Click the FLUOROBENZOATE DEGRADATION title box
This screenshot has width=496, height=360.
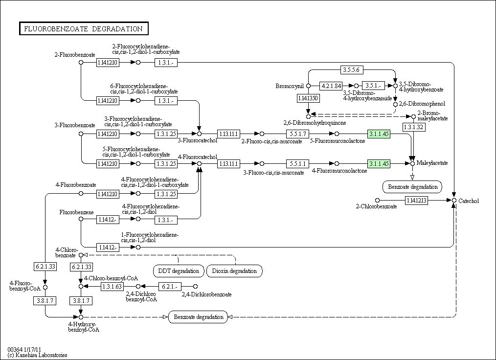pos(83,29)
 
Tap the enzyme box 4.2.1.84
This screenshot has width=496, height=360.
pos(331,86)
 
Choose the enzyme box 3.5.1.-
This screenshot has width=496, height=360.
pos(373,86)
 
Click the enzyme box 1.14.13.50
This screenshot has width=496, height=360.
pos(308,98)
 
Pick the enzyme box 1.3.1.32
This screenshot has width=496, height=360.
pos(412,127)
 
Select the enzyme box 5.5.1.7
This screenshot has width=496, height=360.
pos(297,134)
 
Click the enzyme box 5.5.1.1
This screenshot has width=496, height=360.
pos(297,163)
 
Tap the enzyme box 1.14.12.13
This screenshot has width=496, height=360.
pos(416,200)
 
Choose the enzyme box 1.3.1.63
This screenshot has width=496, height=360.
pos(112,286)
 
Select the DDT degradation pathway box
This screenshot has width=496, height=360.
pos(179,270)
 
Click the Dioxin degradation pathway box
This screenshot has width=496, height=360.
pos(234,270)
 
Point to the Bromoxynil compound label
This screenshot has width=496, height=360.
pos(290,86)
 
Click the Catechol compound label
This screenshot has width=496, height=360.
pos(469,201)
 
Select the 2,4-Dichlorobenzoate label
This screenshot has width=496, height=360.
pos(206,294)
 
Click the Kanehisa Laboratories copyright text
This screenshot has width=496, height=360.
pos(38,355)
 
